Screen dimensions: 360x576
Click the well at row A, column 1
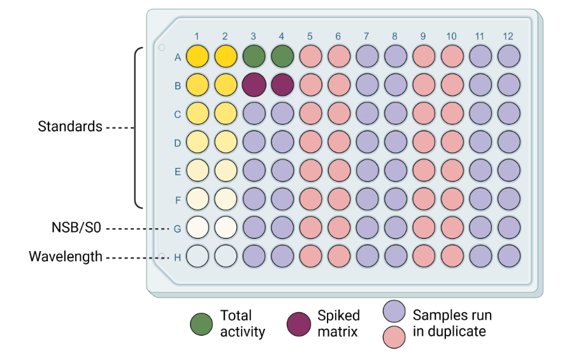(x=198, y=57)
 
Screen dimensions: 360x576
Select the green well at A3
(x=254, y=57)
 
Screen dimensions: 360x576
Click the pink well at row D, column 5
(x=311, y=142)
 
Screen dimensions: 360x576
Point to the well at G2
(x=226, y=227)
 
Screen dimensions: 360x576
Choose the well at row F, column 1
(x=198, y=199)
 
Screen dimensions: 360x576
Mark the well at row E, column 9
(x=424, y=171)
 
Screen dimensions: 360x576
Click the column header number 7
(x=367, y=36)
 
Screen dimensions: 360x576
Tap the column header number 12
(x=508, y=36)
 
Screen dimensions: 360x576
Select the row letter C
(x=178, y=115)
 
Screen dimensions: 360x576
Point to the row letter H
(x=178, y=257)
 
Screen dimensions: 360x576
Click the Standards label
(x=70, y=126)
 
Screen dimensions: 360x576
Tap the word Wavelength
(x=65, y=257)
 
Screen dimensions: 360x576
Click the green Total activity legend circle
(x=201, y=324)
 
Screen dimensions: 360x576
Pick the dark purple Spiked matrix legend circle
(x=298, y=324)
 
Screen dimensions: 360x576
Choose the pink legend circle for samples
(x=395, y=337)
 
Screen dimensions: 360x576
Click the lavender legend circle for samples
(x=395, y=312)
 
